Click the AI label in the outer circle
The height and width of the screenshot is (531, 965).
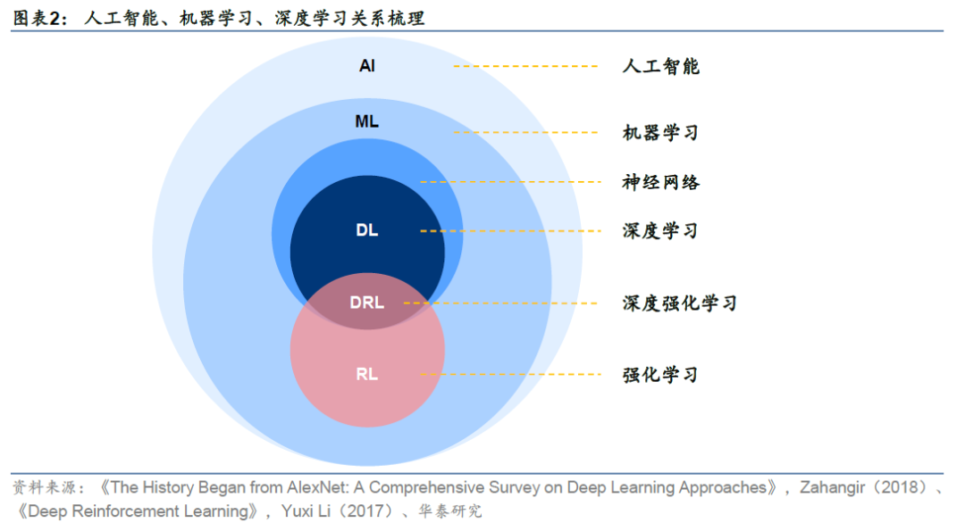pyautogui.click(x=366, y=66)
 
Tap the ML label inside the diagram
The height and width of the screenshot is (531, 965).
pyautogui.click(x=366, y=121)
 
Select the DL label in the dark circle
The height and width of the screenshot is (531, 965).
pyautogui.click(x=366, y=230)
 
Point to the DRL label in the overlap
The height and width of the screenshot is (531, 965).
pyautogui.click(x=366, y=303)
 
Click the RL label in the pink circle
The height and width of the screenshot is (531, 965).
pyautogui.click(x=366, y=374)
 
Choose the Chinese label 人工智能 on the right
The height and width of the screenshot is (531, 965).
pyautogui.click(x=660, y=66)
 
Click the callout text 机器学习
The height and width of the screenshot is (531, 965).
pyautogui.click(x=660, y=133)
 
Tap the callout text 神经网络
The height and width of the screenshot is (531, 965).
pyautogui.click(x=660, y=182)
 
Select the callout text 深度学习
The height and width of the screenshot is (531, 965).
pyautogui.click(x=660, y=231)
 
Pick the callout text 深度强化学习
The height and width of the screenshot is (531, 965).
pyautogui.click(x=680, y=303)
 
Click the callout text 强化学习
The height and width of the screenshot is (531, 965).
pyautogui.click(x=660, y=375)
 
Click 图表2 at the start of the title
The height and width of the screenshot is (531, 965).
pyautogui.click(x=39, y=18)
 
